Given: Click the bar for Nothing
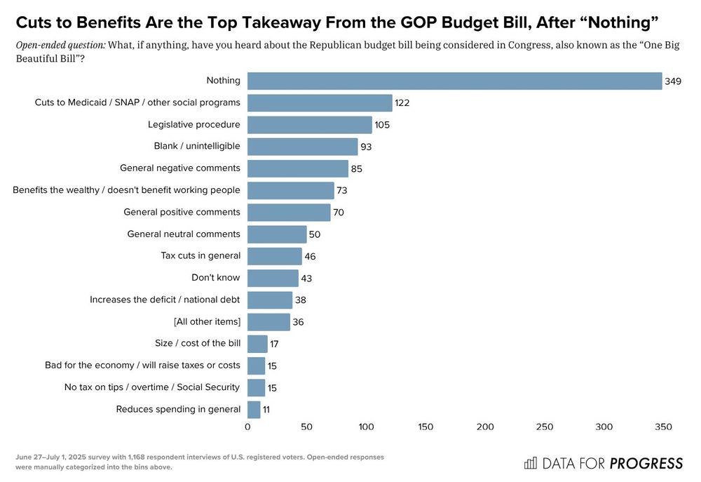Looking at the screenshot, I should click(x=454, y=81).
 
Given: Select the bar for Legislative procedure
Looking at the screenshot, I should click(x=309, y=125).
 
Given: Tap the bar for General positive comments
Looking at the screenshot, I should click(x=289, y=213).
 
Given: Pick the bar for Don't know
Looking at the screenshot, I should click(x=273, y=278).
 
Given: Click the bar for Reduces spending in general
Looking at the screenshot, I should click(x=254, y=409).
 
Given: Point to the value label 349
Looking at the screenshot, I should click(x=673, y=81).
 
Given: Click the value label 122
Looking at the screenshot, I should click(x=401, y=103).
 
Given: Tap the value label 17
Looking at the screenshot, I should click(x=275, y=344).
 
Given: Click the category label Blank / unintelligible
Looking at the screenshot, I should click(x=196, y=146).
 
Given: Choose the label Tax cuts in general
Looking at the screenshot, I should click(x=200, y=255).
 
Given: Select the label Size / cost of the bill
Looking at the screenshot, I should click(x=197, y=343).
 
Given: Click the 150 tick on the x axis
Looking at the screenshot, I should click(x=426, y=427).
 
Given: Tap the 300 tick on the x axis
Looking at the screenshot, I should click(x=604, y=427).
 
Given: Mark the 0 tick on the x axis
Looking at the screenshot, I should click(x=247, y=427).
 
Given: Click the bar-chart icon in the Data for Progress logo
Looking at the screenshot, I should click(x=531, y=463).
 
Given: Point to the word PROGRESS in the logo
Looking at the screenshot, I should click(x=646, y=463).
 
